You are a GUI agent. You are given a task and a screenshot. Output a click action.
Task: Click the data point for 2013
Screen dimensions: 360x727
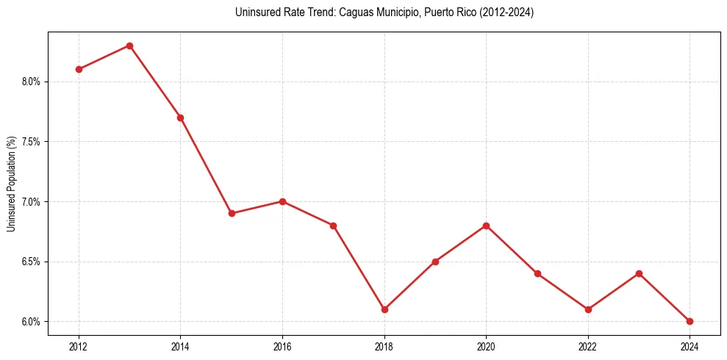tap(129, 46)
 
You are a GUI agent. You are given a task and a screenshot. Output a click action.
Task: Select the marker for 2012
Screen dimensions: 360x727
tap(79, 69)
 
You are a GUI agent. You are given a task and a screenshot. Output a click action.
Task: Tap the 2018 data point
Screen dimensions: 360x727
tap(384, 309)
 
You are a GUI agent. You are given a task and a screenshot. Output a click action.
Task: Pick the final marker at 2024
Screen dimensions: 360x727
tap(690, 321)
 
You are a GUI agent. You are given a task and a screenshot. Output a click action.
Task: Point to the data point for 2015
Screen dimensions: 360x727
tap(232, 213)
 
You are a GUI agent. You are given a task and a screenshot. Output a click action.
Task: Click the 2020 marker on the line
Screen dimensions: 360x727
tap(486, 226)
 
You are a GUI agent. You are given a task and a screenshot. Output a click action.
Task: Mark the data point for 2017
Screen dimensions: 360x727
tap(333, 226)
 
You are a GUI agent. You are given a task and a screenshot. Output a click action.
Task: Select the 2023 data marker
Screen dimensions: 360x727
tap(639, 273)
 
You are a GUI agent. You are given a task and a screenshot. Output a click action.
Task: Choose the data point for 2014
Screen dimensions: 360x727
tap(180, 118)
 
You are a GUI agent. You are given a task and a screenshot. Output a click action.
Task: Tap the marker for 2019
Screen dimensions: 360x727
tap(435, 262)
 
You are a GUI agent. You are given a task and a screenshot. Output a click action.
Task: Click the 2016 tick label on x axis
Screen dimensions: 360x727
tap(282, 345)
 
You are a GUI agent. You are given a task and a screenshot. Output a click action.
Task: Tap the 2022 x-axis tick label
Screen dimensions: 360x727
tap(587, 345)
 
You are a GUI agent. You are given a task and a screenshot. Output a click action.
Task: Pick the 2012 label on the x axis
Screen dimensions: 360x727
tap(79, 345)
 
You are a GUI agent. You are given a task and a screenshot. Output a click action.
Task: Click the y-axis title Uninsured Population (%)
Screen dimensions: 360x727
tap(11, 184)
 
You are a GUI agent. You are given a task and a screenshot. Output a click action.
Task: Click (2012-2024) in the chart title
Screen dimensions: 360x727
tap(506, 12)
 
